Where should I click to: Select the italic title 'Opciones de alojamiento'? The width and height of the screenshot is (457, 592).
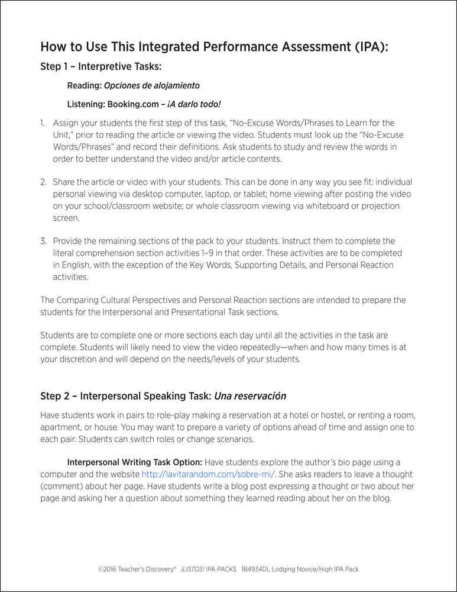[x=152, y=85]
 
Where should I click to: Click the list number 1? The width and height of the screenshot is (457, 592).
[x=43, y=123]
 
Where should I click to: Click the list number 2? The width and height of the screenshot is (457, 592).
[x=43, y=182]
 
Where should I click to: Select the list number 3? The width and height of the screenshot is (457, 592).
[x=43, y=241]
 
